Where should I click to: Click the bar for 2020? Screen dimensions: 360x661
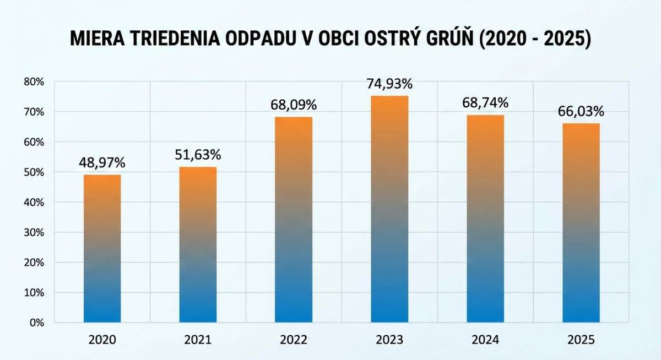(102, 248)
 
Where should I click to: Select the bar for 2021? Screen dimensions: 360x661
(198, 244)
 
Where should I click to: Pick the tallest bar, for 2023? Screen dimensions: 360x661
(389, 209)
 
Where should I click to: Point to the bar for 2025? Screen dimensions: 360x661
(581, 222)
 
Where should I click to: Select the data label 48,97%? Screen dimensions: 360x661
(102, 163)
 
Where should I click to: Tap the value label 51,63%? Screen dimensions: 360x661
(198, 155)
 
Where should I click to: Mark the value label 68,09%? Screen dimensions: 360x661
(294, 105)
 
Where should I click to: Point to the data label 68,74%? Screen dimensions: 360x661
(485, 103)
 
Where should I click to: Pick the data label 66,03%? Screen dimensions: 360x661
(581, 111)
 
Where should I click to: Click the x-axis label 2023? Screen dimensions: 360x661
(389, 340)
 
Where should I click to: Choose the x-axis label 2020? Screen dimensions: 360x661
(102, 340)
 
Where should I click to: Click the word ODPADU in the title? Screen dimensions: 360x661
(258, 40)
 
